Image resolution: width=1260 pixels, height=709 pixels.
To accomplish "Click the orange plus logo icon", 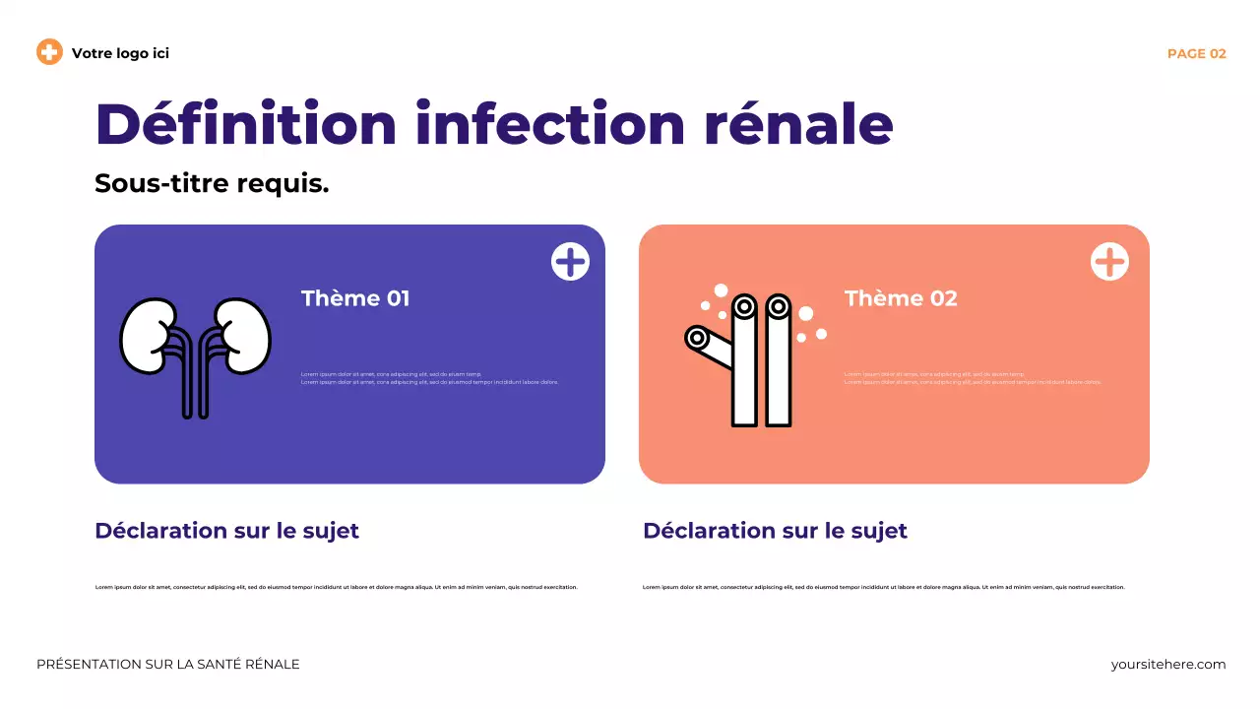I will [x=49, y=52].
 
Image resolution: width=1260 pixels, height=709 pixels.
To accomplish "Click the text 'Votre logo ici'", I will [x=120, y=53].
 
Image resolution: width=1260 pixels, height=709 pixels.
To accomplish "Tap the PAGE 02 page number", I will [x=1196, y=54].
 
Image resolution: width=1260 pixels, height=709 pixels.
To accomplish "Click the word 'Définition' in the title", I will [x=245, y=124].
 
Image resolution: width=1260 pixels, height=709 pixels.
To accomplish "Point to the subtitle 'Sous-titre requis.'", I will [x=212, y=183].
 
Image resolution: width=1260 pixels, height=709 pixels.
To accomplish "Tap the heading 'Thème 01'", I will [x=355, y=298].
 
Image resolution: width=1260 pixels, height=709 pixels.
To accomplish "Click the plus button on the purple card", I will [x=570, y=262].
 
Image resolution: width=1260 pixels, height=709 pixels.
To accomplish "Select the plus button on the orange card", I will [x=1109, y=262].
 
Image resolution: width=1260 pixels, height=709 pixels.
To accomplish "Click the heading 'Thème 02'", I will [x=901, y=298].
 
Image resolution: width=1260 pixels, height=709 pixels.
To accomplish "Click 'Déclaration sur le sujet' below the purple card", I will [x=226, y=531].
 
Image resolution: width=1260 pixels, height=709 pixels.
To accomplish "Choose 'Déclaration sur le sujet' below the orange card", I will [x=775, y=531].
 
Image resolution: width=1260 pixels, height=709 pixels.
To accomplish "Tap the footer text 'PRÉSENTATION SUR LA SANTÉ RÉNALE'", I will [x=168, y=665].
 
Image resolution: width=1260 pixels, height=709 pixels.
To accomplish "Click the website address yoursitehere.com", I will [x=1168, y=665].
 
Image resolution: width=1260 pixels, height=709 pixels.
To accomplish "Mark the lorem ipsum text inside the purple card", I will [x=429, y=378].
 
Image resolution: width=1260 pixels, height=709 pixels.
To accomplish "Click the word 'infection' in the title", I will [x=549, y=124].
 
